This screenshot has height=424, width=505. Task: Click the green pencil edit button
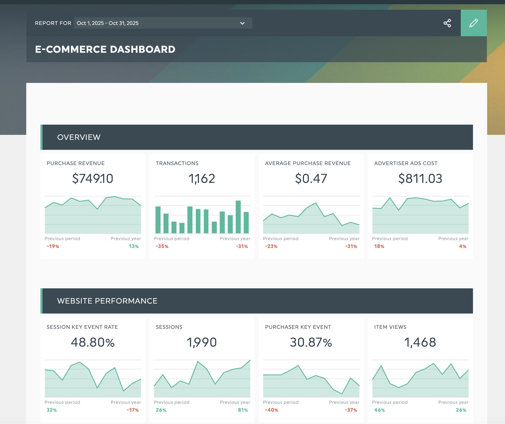pos(474,23)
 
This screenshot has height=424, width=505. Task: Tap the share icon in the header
pos(447,23)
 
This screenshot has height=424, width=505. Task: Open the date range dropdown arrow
pos(242,23)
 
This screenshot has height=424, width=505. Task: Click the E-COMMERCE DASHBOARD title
pos(105,49)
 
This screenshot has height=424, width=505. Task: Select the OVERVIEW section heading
pos(79,137)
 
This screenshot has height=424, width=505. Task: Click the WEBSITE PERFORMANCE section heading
pos(107,301)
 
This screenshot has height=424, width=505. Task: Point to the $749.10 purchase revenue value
pos(93,178)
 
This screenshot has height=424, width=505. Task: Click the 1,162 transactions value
pos(202,179)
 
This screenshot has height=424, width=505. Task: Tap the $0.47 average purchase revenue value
pos(311,178)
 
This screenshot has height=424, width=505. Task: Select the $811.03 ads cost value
pos(420,178)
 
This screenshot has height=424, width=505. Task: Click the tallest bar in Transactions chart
pos(238,217)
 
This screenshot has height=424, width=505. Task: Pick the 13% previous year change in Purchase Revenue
pos(134,246)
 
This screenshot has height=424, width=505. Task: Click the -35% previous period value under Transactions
pos(162,246)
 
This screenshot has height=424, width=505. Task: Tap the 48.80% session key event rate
pos(93,342)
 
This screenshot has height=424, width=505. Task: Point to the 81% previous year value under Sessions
pos(243,410)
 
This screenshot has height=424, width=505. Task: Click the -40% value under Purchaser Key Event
pos(271,410)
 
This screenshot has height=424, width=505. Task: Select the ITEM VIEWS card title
pos(390,327)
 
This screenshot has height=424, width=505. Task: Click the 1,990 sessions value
pos(202,342)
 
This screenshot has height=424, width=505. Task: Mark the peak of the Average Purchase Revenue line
pos(315,203)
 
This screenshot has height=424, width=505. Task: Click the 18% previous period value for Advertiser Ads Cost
pos(379,246)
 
